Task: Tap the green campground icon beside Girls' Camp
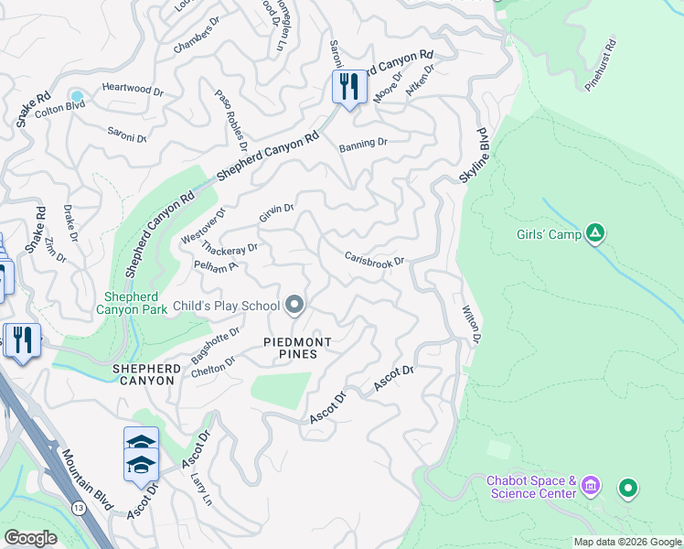595,233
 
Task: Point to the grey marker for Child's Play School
294,304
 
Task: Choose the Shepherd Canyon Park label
135,303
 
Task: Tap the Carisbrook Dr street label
374,259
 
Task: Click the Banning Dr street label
363,144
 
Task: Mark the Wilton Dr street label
471,325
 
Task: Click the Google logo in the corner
30,538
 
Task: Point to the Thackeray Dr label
230,248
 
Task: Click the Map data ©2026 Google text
626,542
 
